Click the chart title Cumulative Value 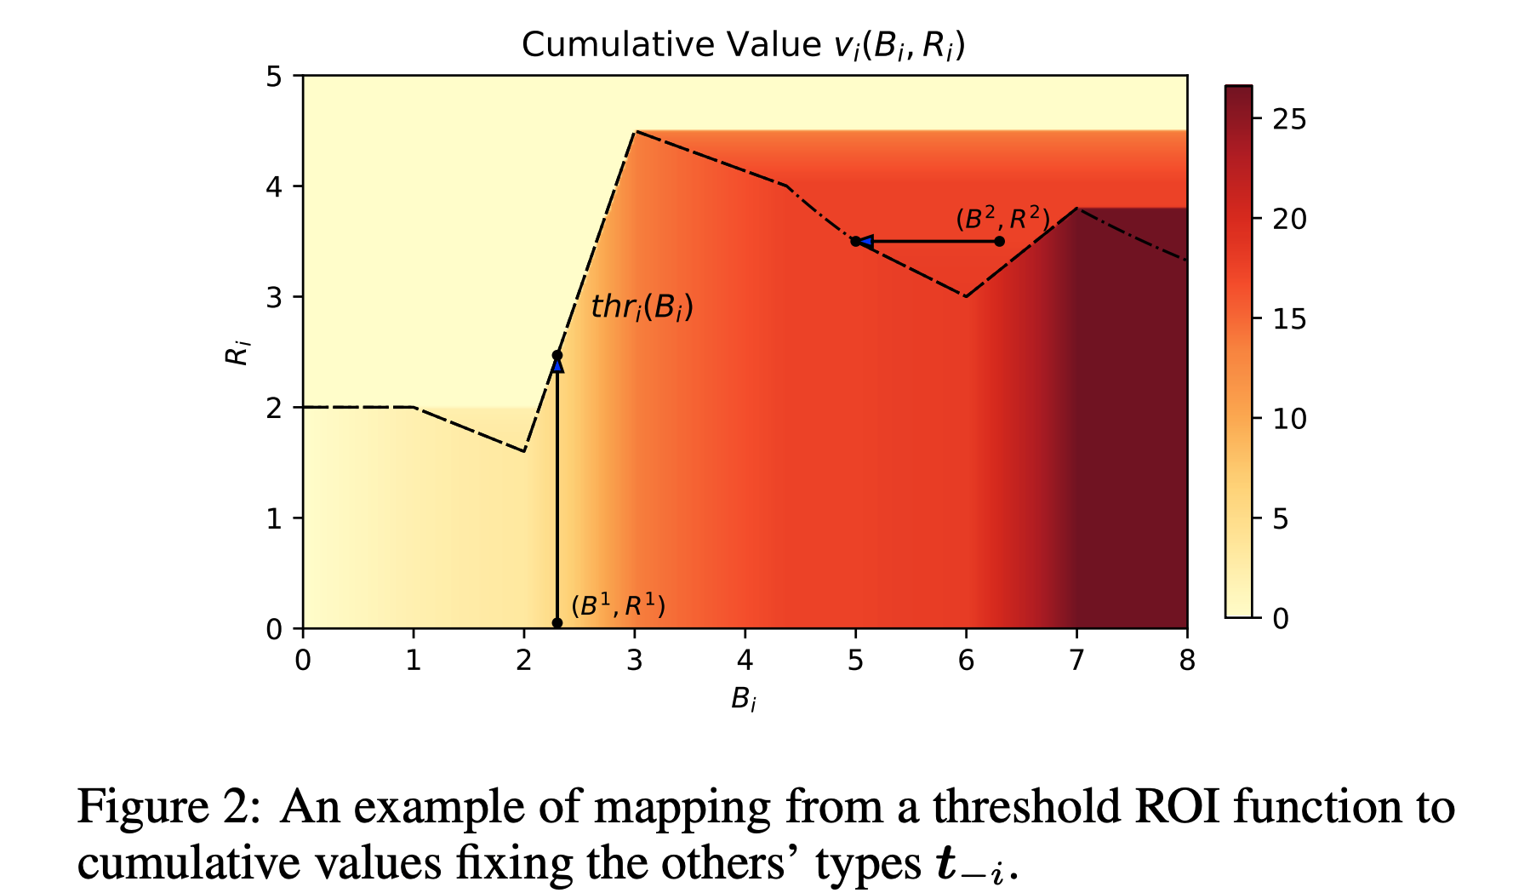coord(743,45)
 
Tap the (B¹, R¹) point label coord(618,606)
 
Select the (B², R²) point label coord(1002,219)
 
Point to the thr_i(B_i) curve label coord(642,306)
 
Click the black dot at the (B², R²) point coord(1000,242)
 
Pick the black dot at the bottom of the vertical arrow coord(557,623)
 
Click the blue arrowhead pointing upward coord(557,366)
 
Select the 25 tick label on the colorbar coord(1289,119)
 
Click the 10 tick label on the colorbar coord(1289,419)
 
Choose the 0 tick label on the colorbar coord(1281,618)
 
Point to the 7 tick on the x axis coord(1076,660)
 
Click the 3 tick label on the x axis coord(634,660)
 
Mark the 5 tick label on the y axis coord(274,77)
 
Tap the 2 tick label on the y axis coord(274,408)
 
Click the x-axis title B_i coord(743,701)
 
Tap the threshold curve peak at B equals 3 coord(635,131)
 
